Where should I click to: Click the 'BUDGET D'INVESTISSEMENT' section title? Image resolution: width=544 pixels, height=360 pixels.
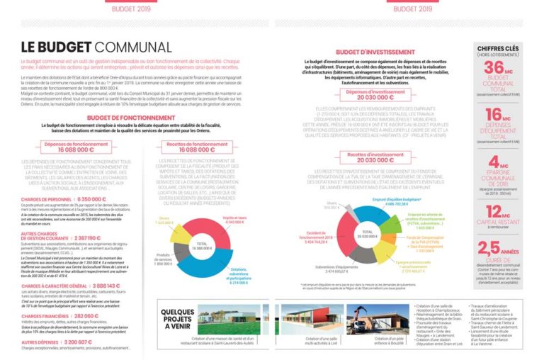pos(375,52)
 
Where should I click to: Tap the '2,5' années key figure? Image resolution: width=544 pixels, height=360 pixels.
pos(494,248)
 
